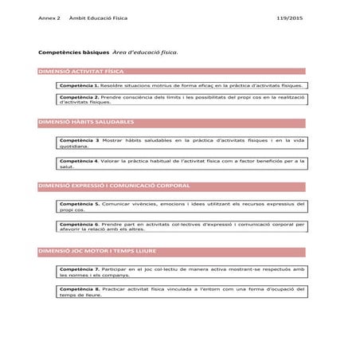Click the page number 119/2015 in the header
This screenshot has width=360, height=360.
[x=290, y=18]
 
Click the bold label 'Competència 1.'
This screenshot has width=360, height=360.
[x=79, y=84]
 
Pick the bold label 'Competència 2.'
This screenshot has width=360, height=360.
[x=79, y=97]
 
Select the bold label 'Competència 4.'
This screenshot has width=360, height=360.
[x=79, y=160]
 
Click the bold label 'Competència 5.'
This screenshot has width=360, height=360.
[x=79, y=204]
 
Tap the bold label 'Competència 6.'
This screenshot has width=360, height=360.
[x=79, y=225]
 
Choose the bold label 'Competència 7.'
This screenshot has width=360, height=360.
[x=79, y=269]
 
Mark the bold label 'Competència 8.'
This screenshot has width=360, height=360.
[x=79, y=288]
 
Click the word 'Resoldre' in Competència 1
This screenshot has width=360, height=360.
[x=113, y=84]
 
